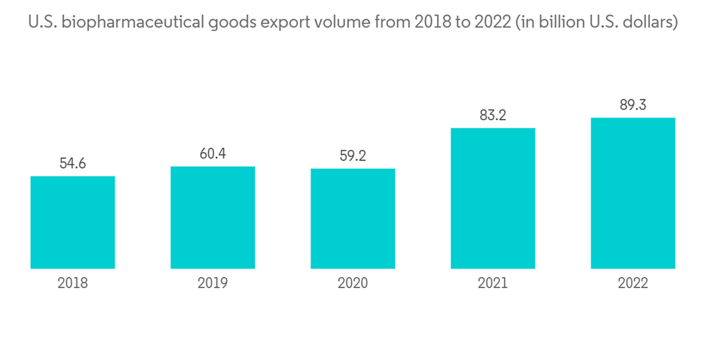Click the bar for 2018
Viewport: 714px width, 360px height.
tap(73, 222)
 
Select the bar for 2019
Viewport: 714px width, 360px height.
tap(213, 218)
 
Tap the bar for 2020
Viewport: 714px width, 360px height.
tap(353, 219)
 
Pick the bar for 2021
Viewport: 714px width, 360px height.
tap(493, 199)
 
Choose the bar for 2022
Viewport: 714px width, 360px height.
tap(633, 193)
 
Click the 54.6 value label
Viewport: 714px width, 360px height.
tap(73, 164)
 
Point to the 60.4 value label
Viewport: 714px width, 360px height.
tap(213, 154)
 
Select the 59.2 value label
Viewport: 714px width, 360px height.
tap(353, 156)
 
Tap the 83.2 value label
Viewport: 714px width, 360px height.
tap(493, 115)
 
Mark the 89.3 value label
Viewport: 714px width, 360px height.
tap(633, 105)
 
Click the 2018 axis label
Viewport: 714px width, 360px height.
tap(73, 284)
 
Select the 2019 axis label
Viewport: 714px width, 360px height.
tap(213, 284)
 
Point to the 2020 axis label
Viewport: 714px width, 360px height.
tap(353, 284)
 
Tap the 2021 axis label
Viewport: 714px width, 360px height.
tap(493, 284)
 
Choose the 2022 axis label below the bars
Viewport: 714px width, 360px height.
tap(633, 284)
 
